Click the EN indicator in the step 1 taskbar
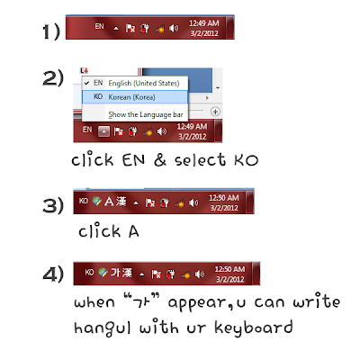[x=99, y=26]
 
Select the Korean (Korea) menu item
[x=135, y=97]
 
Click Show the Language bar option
[x=146, y=114]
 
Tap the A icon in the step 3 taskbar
[x=109, y=202]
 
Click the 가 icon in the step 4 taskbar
[x=115, y=273]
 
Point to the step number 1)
[x=51, y=31]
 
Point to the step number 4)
[x=53, y=274]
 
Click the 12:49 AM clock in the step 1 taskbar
[x=204, y=23]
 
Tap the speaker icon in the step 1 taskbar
[x=174, y=29]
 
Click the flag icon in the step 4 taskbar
[x=156, y=274]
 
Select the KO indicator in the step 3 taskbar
[x=84, y=201]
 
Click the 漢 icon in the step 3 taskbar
[x=121, y=202]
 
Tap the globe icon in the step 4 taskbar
[x=103, y=272]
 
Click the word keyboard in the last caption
[x=254, y=328]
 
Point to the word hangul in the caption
[x=103, y=328]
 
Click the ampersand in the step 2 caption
[x=160, y=160]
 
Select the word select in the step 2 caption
[x=200, y=159]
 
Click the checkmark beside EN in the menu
[x=87, y=83]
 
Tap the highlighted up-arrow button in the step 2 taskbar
[x=103, y=131]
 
